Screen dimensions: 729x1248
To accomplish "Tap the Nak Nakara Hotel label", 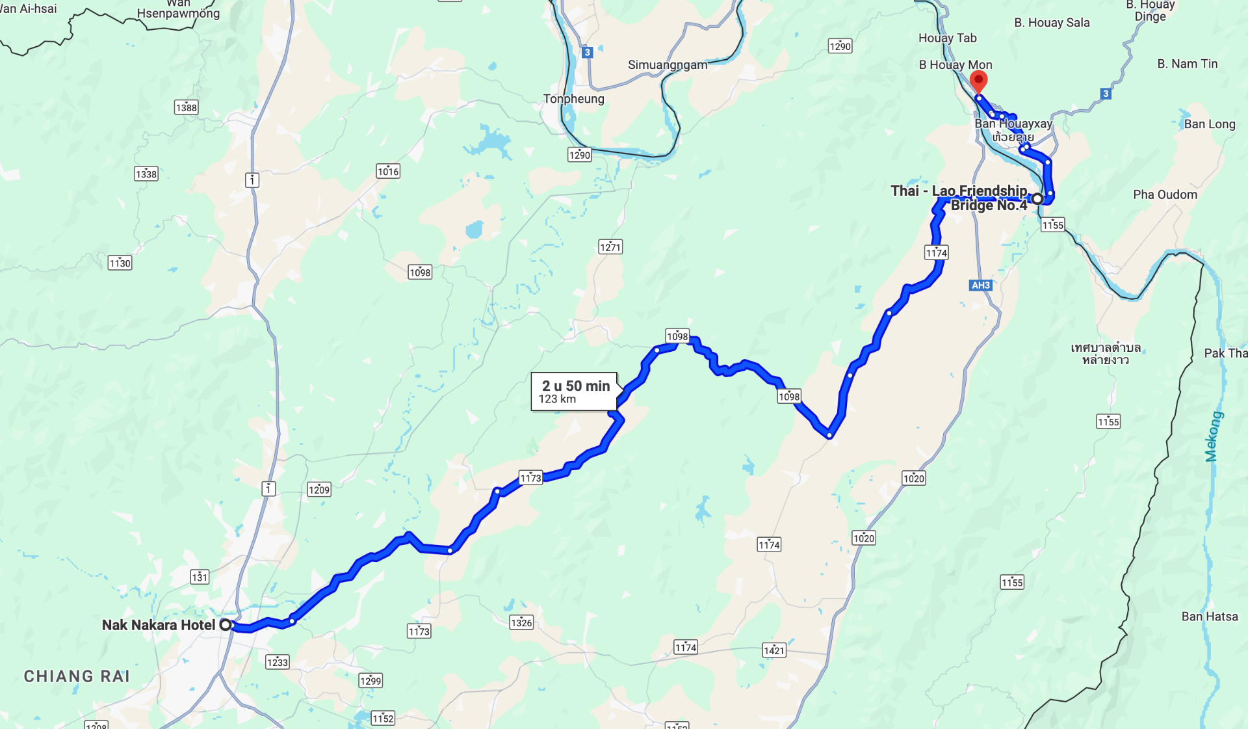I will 158,625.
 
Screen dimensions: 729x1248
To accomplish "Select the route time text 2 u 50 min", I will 576,386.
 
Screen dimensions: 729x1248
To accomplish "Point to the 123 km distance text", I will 557,399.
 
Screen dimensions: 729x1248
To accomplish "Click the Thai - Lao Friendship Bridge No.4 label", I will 959,198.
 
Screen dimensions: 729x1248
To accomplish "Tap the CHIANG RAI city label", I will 77,676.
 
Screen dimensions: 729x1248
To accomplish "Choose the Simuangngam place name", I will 668,65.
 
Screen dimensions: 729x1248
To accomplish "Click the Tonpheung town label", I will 573,99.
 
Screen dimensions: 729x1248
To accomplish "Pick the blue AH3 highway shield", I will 981,285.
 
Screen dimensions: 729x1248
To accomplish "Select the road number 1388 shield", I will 186,107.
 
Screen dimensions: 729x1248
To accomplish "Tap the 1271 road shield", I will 610,246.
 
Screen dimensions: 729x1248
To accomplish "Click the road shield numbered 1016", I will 388,171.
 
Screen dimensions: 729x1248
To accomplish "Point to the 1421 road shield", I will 774,650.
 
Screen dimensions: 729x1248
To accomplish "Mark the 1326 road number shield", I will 521,622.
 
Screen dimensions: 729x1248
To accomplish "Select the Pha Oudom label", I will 1165,194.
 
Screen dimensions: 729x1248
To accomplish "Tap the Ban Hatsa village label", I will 1209,616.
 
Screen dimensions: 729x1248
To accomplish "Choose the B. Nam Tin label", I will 1187,64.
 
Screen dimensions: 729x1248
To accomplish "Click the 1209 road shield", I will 319,489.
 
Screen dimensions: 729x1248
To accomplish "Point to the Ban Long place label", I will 1209,124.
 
